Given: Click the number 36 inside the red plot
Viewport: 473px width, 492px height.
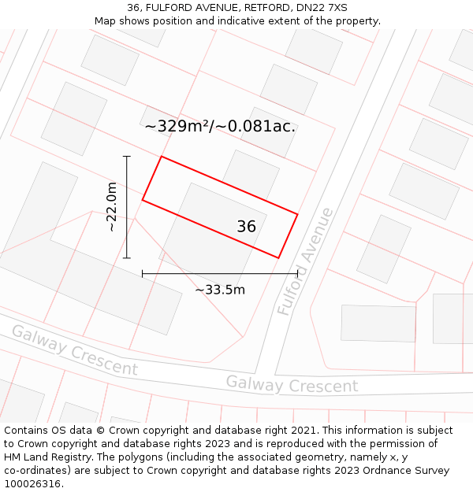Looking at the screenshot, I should coord(246,227).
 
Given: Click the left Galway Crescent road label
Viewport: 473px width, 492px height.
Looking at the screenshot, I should coord(75,350).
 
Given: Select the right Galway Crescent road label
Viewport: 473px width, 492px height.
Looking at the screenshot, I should coord(292,385).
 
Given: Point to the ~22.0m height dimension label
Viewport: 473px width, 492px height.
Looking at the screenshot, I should coord(112,206).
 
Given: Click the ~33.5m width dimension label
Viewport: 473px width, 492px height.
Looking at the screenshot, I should coord(220,290).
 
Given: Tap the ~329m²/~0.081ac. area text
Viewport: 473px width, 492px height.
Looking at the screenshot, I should coord(220,126).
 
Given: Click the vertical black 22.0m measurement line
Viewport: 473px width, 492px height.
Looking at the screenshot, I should coord(127,207).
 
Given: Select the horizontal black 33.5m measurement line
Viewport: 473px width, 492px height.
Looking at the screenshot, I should coord(220,274).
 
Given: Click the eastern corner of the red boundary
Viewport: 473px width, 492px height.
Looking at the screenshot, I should coord(297,213).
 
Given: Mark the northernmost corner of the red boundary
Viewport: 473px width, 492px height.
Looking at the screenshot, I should coord(162,157).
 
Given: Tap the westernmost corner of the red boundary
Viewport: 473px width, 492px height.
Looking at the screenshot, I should coord(143,200).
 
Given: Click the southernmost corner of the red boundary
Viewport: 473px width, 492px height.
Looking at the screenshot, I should coord(279,257).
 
